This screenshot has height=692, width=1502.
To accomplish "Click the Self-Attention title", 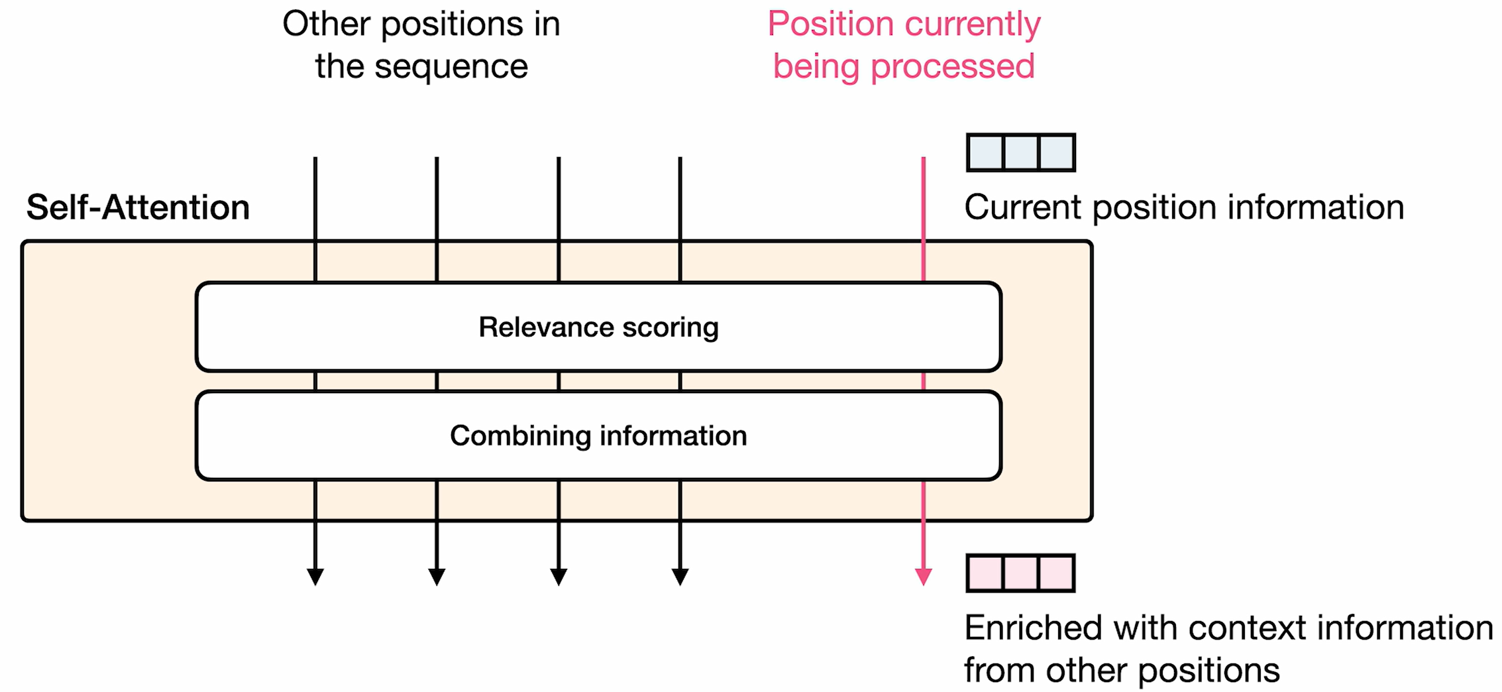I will pos(138,207).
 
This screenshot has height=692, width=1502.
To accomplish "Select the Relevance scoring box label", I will pos(598,327).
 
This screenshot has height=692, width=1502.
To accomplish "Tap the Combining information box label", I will pos(598,436).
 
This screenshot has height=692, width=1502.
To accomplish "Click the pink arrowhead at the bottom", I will pos(923,576).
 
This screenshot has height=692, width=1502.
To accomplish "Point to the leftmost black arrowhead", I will pos(315,576).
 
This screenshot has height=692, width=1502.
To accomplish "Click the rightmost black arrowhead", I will pos(680,576).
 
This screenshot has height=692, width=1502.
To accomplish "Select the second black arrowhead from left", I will pos(437,576).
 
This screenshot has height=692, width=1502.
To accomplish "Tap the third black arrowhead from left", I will pos(559,576).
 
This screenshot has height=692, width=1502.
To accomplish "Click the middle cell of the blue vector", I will pos(1020,152).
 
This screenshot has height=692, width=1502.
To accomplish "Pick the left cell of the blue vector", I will pos(985,152).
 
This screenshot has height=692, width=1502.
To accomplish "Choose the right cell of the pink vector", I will pos(1056,573).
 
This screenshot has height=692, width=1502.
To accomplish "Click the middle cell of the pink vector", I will pos(1020,573).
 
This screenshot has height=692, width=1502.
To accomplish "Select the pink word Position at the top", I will pos(830,25).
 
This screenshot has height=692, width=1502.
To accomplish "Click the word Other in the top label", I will pos(327,25).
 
